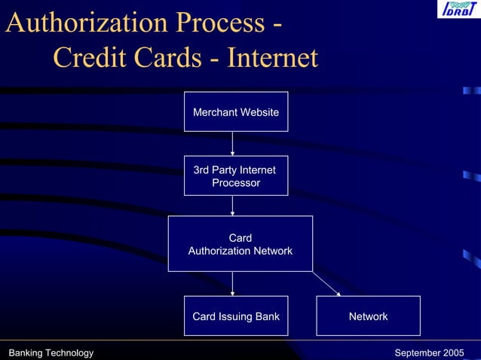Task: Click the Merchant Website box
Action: [x=236, y=111]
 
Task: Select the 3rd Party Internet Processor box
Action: [x=236, y=175]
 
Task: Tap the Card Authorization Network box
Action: [x=240, y=243]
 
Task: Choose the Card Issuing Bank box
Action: [x=236, y=316]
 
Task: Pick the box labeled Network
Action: [x=368, y=316]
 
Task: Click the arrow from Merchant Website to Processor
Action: [x=232, y=143]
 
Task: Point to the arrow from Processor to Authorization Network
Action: [x=232, y=205]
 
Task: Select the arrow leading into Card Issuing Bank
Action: [x=232, y=283]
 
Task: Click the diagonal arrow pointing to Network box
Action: [x=326, y=284]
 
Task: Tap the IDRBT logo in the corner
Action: [x=457, y=10]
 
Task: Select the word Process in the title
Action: [x=219, y=23]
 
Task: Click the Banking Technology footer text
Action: [x=51, y=352]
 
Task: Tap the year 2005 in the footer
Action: [x=453, y=352]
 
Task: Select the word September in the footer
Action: [x=417, y=352]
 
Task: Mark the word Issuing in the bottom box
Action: [x=235, y=316]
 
